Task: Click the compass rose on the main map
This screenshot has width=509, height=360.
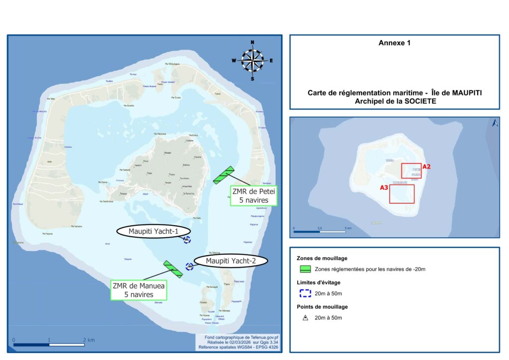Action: pos(253,61)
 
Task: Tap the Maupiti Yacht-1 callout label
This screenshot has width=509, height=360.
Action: pos(153,231)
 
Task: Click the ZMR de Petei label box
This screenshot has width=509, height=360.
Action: pos(254,195)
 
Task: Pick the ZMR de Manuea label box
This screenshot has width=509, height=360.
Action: pos(139,290)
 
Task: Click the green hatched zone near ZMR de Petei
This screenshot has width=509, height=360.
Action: pos(224,176)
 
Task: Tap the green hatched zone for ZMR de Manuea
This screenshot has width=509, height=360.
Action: pos(173,268)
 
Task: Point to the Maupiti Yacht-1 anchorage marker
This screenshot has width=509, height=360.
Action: pos(187,240)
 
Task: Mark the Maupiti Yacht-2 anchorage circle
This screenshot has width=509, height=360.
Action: pos(189,267)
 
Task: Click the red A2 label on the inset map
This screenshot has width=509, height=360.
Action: pos(426,167)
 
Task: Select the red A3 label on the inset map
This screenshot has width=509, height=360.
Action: pos(384,188)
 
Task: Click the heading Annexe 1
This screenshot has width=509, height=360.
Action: pos(394,43)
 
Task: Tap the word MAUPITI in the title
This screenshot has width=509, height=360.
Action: pos(467,93)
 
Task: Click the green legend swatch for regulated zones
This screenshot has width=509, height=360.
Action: pos(306,269)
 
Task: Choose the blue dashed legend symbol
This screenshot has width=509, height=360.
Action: pos(306,293)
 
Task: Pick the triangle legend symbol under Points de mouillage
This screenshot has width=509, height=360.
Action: pos(306,317)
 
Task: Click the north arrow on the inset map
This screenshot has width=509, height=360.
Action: pos(495,123)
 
